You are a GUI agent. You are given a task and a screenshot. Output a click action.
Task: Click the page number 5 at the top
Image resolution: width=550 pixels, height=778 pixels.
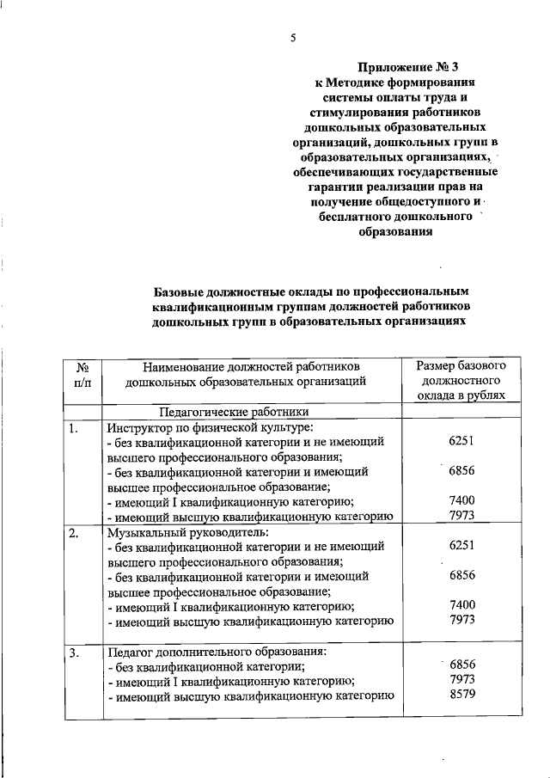(x=292, y=38)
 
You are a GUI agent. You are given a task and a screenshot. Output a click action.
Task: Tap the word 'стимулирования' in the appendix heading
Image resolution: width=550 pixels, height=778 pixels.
(x=357, y=113)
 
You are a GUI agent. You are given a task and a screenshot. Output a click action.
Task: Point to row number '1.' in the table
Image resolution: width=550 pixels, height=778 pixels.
(x=76, y=427)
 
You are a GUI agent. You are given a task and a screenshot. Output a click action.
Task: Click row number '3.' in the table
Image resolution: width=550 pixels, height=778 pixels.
(x=76, y=654)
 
